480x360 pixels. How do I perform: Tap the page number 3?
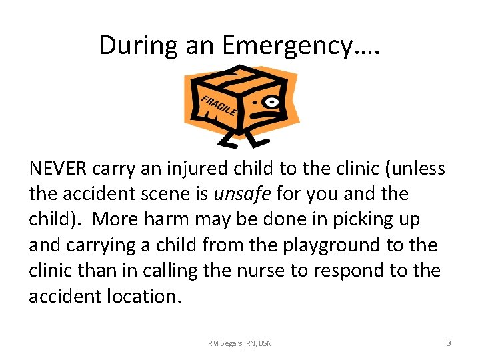tap(449, 343)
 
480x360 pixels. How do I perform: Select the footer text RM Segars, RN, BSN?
tap(240, 343)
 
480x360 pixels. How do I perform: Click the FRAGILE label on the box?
tap(217, 105)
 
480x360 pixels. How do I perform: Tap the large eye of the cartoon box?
tap(272, 102)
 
